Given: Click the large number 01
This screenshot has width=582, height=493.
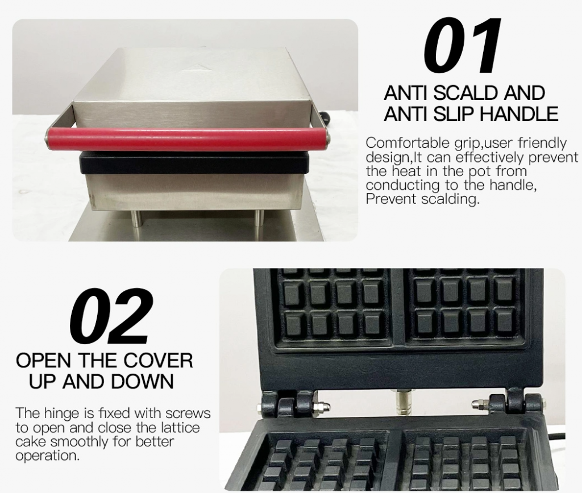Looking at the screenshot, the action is click(x=462, y=45).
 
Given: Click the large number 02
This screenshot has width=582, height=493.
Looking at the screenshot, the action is click(x=111, y=315).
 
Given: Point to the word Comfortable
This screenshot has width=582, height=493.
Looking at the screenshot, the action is click(x=408, y=143).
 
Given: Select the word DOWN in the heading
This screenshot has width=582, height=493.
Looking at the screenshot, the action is click(x=143, y=381).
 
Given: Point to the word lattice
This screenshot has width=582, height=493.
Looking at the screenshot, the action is click(x=180, y=427).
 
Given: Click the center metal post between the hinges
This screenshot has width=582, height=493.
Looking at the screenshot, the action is click(x=402, y=402).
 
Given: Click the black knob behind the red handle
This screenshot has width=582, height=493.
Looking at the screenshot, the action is click(x=326, y=118).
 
